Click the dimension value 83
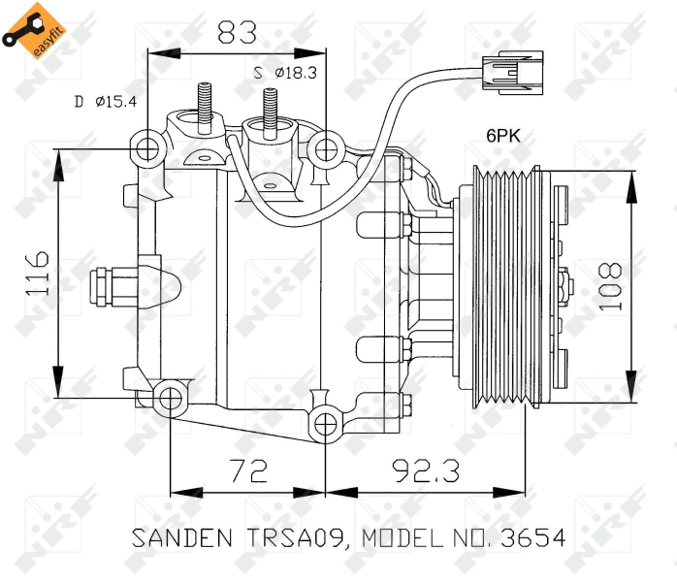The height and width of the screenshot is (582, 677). click(x=237, y=31)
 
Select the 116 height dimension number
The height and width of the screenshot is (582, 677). click(x=38, y=274)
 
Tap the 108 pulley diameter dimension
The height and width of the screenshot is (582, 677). click(x=610, y=286)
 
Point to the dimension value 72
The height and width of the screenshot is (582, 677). click(x=249, y=470)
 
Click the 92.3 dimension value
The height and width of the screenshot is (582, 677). click(x=426, y=470)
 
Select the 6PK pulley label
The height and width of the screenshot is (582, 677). click(x=503, y=136)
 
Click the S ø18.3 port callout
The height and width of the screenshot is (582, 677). click(x=285, y=73)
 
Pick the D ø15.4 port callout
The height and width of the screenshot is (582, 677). click(x=106, y=102)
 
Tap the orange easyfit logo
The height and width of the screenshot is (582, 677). click(x=34, y=30)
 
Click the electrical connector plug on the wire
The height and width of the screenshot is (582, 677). click(x=513, y=73)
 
